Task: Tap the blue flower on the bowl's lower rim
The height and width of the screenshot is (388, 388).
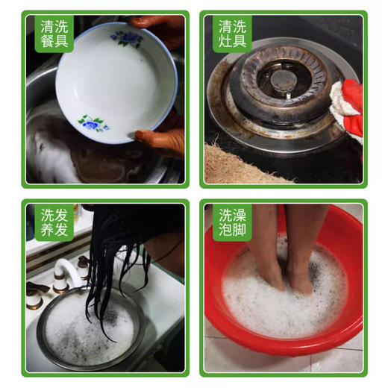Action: [x=93, y=123]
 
